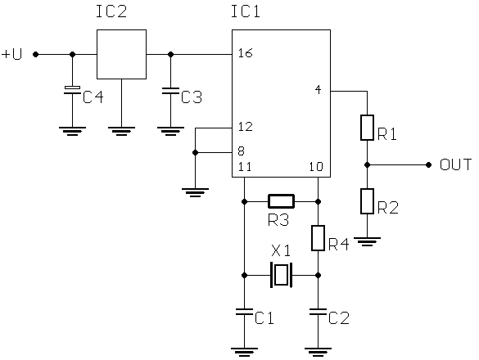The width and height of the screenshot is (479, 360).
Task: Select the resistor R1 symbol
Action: click(367, 128)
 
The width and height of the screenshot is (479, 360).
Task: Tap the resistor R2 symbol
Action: click(367, 201)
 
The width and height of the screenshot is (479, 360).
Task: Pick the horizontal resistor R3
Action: click(281, 201)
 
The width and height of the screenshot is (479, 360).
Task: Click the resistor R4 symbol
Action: click(318, 238)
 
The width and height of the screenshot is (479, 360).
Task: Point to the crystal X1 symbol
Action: click(281, 275)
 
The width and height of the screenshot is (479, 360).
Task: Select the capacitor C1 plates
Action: click(244, 312)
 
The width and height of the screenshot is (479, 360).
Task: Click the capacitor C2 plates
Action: click(318, 312)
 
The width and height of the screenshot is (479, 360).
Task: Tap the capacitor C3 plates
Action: click(170, 91)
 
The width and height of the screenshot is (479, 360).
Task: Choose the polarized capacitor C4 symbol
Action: click(72, 90)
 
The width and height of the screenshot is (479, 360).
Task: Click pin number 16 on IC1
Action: click(246, 53)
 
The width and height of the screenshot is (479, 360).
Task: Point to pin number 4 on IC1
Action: click(318, 90)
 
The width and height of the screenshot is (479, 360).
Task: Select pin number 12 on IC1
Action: click(246, 127)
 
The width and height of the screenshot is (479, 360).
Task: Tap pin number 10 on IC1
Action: click(316, 167)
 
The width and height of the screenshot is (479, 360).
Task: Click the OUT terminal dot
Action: click(428, 165)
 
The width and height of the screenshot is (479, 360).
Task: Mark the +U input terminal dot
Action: click(36, 54)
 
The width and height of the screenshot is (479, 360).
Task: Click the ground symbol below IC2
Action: click(121, 131)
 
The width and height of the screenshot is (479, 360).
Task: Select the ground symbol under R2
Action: click(367, 241)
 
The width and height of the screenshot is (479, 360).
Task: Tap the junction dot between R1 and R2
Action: click(367, 165)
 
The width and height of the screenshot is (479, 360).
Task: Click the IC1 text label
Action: click(246, 11)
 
